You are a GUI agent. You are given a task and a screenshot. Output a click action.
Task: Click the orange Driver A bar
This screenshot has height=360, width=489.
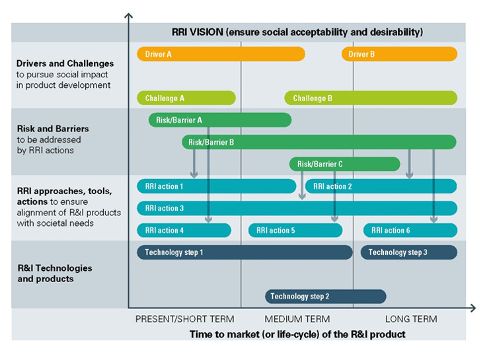[x=221, y=54]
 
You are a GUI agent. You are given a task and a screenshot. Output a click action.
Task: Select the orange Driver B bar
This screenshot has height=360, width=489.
[x=399, y=54]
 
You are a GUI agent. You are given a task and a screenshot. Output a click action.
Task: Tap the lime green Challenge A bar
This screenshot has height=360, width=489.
[x=186, y=98]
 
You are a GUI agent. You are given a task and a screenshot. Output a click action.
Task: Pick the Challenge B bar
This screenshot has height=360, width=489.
[x=371, y=98]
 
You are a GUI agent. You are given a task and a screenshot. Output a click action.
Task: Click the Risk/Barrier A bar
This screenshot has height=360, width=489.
[x=220, y=120]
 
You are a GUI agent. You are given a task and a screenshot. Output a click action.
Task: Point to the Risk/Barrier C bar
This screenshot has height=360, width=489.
[x=344, y=164]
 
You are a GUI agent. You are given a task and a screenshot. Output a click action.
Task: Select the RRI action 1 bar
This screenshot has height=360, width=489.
[x=217, y=186]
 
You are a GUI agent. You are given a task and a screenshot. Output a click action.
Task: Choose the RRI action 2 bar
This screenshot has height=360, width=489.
[x=381, y=186]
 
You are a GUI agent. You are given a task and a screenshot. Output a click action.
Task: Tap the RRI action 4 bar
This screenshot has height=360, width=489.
[x=184, y=231]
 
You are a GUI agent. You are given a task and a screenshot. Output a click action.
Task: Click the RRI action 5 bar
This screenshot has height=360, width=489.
[x=295, y=231]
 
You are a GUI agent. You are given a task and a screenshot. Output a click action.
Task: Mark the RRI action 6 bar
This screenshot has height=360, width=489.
[x=410, y=231]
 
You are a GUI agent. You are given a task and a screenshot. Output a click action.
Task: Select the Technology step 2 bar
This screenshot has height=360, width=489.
[x=326, y=297]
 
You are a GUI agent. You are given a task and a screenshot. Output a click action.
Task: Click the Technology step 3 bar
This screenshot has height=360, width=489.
[x=409, y=252]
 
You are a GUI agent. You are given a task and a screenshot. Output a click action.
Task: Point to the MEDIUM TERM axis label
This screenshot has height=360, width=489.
[x=297, y=319]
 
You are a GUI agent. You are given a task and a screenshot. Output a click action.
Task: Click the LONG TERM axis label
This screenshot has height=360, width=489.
[x=411, y=319]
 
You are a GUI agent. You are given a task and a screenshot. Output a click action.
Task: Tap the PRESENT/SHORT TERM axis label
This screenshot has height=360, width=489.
[x=184, y=319]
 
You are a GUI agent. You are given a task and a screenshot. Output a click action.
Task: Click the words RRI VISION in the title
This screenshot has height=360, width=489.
[x=198, y=32]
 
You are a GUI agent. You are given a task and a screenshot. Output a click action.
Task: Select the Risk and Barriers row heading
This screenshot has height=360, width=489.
[x=53, y=129]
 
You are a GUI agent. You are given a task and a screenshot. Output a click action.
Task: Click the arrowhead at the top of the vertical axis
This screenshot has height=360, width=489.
[x=128, y=16]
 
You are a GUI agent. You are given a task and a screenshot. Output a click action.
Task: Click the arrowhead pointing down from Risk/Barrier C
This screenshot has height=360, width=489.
[x=302, y=196]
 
